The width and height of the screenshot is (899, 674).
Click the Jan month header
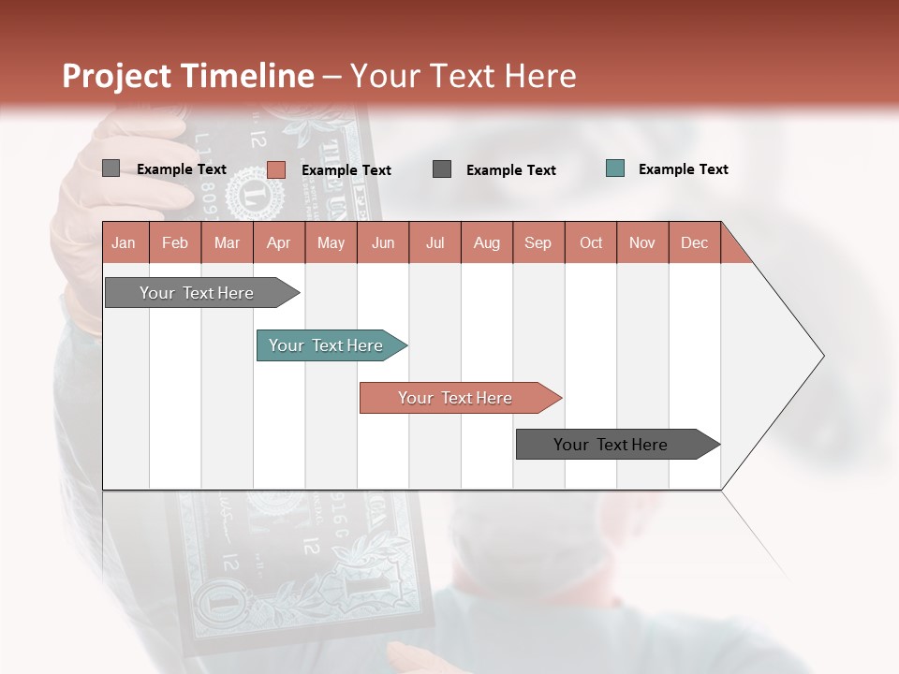point(125,242)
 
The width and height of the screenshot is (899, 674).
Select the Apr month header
point(279,242)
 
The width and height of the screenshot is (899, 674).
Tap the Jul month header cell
point(435,242)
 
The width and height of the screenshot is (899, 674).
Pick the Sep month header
point(538,242)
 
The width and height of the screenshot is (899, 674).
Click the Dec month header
point(694,242)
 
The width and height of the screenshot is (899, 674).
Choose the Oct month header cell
point(591,242)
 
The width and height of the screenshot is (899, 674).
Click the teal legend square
point(615,168)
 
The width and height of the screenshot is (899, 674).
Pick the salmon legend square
point(276,169)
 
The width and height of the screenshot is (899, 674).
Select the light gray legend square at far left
point(111,168)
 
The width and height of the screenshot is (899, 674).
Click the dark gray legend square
point(442,168)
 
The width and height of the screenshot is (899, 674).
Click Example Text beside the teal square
point(683,168)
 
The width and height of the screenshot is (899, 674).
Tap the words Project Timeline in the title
point(187,76)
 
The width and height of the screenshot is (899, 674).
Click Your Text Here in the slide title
point(464,76)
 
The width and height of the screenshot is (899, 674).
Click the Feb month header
point(175,242)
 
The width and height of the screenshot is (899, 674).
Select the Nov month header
point(642,242)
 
